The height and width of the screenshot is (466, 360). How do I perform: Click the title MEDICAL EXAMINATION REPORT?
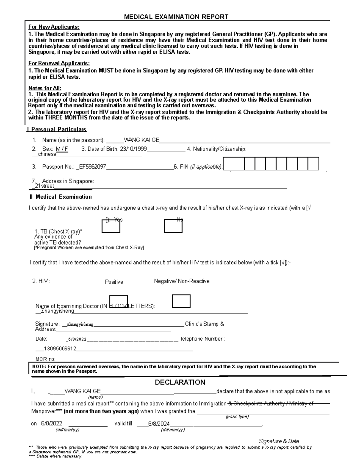(176, 17)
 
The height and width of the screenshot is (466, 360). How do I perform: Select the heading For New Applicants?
(54, 27)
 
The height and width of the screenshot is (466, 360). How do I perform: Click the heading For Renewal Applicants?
(59, 63)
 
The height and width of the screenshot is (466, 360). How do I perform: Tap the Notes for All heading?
(45, 88)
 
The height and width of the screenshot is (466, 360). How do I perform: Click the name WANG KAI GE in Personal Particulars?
(142, 140)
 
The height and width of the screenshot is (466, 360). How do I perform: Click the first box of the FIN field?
(229, 164)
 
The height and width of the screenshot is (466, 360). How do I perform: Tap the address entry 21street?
(44, 186)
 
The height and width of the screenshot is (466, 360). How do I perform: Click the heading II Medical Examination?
(60, 197)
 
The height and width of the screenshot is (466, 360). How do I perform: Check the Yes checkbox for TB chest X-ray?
(111, 226)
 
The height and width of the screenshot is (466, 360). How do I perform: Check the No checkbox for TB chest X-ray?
(173, 226)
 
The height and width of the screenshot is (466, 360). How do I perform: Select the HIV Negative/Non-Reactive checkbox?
(181, 301)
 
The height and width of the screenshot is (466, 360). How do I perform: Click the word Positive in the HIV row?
(114, 282)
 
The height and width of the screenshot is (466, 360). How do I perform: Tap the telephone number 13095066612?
(60, 349)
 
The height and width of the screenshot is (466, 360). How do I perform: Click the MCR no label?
(45, 359)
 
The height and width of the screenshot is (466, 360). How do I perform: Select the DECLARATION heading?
(180, 382)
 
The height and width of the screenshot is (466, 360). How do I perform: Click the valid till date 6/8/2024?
(159, 424)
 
